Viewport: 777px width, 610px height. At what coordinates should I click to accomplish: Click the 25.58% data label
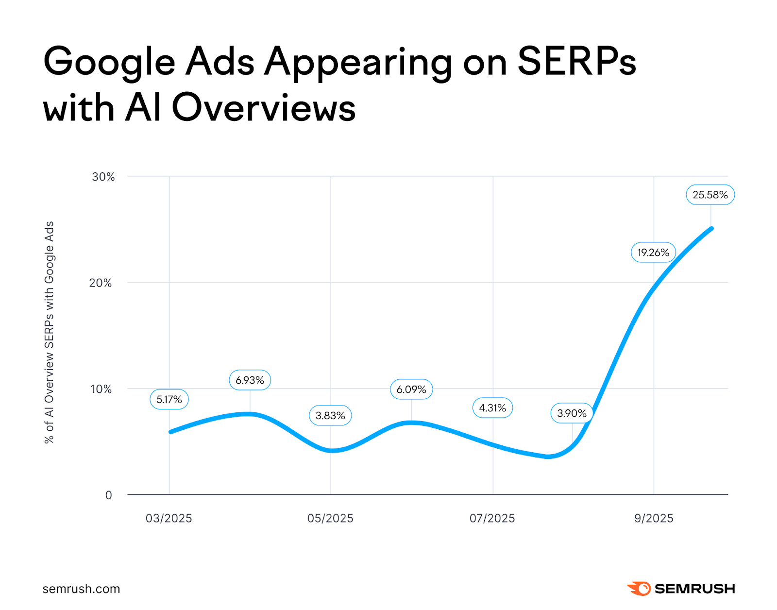[x=710, y=195]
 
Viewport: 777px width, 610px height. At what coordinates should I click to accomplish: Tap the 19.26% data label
[x=653, y=253]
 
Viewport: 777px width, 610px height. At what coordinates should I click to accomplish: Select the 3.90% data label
[x=572, y=413]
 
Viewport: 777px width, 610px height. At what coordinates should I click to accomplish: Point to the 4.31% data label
[x=492, y=408]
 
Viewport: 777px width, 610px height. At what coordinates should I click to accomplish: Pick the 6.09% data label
[x=411, y=390]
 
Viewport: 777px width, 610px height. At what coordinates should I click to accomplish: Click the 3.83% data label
[x=330, y=416]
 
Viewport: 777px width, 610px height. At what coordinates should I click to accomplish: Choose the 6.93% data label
[x=250, y=380]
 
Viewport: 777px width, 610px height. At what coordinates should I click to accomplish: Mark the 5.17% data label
[x=169, y=400]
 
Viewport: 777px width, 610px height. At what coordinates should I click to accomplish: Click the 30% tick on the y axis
[x=103, y=177]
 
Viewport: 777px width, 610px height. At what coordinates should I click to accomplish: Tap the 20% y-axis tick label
[x=101, y=283]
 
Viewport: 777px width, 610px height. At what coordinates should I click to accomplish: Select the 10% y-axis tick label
[x=101, y=389]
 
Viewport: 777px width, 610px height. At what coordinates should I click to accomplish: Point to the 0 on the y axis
[x=108, y=495]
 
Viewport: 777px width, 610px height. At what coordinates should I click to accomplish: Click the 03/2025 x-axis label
[x=169, y=518]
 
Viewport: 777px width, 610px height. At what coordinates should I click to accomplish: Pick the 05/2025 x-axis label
[x=330, y=518]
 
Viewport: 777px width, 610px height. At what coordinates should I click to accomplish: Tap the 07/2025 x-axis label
[x=492, y=518]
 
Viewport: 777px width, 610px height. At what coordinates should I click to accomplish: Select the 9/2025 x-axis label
[x=654, y=518]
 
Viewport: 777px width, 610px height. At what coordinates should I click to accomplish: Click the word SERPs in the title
[x=576, y=62]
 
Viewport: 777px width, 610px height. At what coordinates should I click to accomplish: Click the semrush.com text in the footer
[x=81, y=589]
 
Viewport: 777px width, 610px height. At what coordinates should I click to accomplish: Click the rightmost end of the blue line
[x=711, y=228]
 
